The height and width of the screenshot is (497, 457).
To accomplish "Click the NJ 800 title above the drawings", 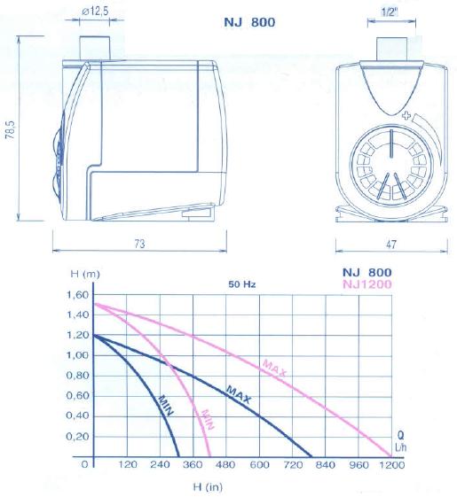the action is click(249, 22).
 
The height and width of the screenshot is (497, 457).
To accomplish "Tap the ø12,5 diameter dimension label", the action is click(95, 12).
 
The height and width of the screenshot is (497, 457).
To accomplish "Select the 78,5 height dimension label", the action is click(11, 129).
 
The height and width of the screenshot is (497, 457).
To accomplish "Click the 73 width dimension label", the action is click(139, 244).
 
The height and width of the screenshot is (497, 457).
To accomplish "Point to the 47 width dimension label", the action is click(391, 244).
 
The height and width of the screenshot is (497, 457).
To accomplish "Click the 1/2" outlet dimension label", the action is click(390, 12).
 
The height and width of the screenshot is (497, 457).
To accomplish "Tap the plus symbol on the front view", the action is click(406, 115).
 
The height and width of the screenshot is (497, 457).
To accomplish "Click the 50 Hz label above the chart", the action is click(242, 284).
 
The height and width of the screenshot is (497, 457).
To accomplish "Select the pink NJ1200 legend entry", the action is click(367, 284).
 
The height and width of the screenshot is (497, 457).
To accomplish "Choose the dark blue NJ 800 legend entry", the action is click(367, 272).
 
